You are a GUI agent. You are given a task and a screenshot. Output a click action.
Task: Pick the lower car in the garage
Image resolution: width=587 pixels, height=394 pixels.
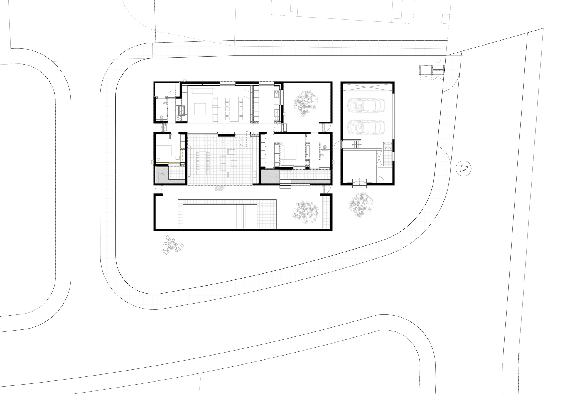(366, 127)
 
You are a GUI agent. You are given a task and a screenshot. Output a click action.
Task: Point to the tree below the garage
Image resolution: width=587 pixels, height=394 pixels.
(361, 205)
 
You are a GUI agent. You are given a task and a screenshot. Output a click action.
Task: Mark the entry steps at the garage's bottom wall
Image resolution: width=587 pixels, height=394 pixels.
(360, 182)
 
